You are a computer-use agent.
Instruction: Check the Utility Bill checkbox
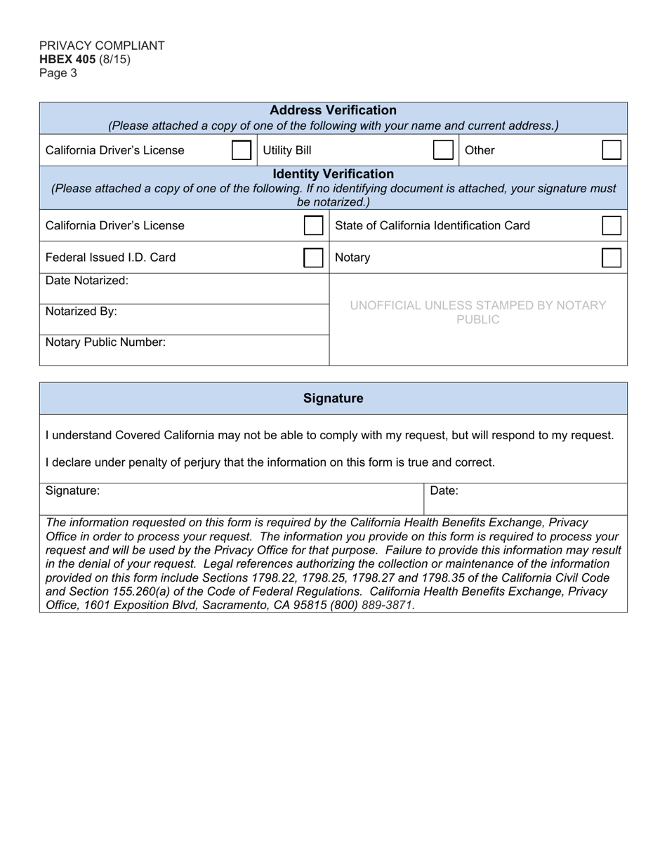click(443, 150)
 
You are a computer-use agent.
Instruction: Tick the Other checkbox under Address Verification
click(612, 150)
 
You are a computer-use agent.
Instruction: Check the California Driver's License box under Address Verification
click(241, 150)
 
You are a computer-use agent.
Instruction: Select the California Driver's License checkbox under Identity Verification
click(313, 226)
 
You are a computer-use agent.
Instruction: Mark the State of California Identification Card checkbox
click(612, 226)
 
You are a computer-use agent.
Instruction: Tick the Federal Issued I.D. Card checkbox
click(313, 257)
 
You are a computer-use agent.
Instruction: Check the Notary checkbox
click(612, 257)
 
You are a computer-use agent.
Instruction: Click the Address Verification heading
click(333, 111)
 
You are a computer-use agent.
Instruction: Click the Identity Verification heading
click(333, 174)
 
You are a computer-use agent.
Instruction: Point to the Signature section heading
click(333, 399)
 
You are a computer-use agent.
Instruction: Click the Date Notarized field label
click(87, 281)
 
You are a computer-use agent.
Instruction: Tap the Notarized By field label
click(81, 312)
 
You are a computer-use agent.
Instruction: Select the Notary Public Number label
click(105, 342)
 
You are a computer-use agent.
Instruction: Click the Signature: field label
click(72, 491)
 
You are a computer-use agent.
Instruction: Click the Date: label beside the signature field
click(444, 491)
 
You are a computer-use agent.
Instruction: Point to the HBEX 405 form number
click(67, 59)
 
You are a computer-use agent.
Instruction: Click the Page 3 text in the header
click(58, 73)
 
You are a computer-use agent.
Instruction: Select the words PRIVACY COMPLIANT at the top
click(102, 46)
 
